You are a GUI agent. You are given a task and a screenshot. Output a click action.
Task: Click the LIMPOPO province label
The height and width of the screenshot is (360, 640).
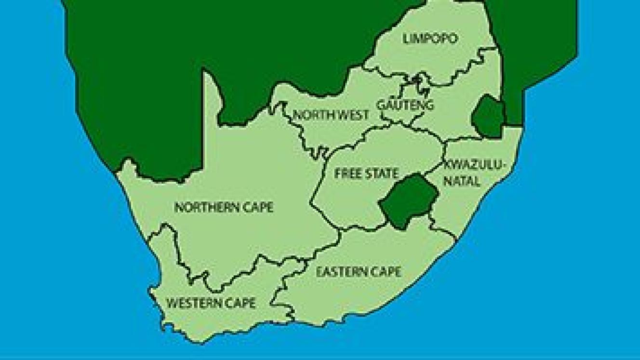point(430,39)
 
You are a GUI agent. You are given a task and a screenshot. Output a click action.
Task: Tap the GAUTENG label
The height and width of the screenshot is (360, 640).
point(406,105)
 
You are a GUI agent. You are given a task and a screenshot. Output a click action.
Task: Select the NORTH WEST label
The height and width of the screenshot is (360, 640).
point(331,115)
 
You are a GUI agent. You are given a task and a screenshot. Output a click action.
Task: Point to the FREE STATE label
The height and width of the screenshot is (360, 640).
point(367,173)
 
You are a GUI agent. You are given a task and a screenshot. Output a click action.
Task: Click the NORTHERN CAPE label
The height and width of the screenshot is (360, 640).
point(224,208)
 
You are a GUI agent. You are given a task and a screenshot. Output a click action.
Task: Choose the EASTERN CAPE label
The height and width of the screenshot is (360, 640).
point(359,272)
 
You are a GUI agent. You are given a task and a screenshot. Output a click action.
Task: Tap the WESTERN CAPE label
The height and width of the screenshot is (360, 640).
point(211,303)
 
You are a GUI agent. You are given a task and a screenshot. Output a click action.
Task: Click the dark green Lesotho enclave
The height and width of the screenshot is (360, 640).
point(409,201)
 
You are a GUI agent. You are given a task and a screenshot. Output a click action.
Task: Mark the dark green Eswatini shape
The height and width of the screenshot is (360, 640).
point(488,116)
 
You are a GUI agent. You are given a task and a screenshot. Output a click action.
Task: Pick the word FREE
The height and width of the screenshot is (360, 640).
point(347,173)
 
